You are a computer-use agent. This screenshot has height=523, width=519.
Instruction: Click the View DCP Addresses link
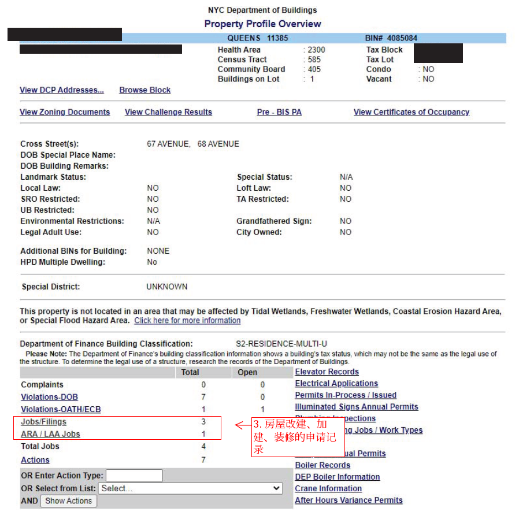(62, 90)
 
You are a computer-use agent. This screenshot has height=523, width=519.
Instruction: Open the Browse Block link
(145, 90)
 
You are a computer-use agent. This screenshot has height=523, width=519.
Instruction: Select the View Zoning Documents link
(65, 112)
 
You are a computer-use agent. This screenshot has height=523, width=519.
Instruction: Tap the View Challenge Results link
(168, 112)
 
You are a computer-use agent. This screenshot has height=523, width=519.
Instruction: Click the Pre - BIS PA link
(279, 112)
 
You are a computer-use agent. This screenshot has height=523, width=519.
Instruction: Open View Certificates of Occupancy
(412, 112)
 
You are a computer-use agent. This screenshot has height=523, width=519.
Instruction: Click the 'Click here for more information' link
(187, 321)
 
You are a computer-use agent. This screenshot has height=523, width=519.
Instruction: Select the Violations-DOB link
(49, 397)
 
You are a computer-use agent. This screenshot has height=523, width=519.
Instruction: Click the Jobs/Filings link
(43, 422)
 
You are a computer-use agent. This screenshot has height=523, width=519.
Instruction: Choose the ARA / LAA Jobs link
(50, 434)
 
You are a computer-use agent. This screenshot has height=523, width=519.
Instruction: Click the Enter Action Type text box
(134, 476)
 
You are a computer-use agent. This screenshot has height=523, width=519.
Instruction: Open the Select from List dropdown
(190, 488)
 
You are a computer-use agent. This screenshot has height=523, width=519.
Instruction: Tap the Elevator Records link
(327, 372)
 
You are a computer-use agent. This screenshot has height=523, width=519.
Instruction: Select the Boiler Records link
(322, 465)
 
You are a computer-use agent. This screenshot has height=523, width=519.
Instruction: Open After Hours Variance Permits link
(349, 500)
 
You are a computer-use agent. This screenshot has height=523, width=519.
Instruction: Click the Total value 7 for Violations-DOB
(203, 397)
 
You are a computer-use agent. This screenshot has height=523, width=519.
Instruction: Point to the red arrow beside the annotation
(242, 426)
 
